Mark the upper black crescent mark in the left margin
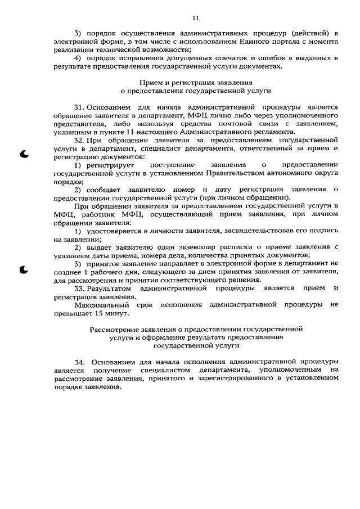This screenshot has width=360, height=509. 23,154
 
